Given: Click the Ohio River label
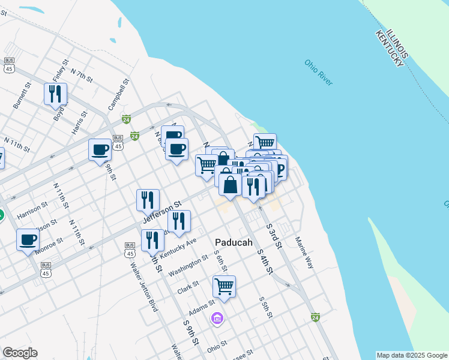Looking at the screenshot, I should tap(318, 72).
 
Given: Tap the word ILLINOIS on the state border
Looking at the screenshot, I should tap(398, 44).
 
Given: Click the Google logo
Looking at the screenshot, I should tap(20, 353).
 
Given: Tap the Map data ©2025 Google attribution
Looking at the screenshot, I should tap(412, 355).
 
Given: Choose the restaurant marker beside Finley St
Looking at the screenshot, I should tap(55, 94).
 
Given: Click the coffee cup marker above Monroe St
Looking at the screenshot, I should tap(28, 241).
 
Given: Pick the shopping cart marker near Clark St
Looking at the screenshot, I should tap(224, 286).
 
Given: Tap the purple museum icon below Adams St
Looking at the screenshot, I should tap(217, 317).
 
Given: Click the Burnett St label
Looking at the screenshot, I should tap(22, 95).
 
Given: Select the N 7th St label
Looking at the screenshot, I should tap(82, 76).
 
